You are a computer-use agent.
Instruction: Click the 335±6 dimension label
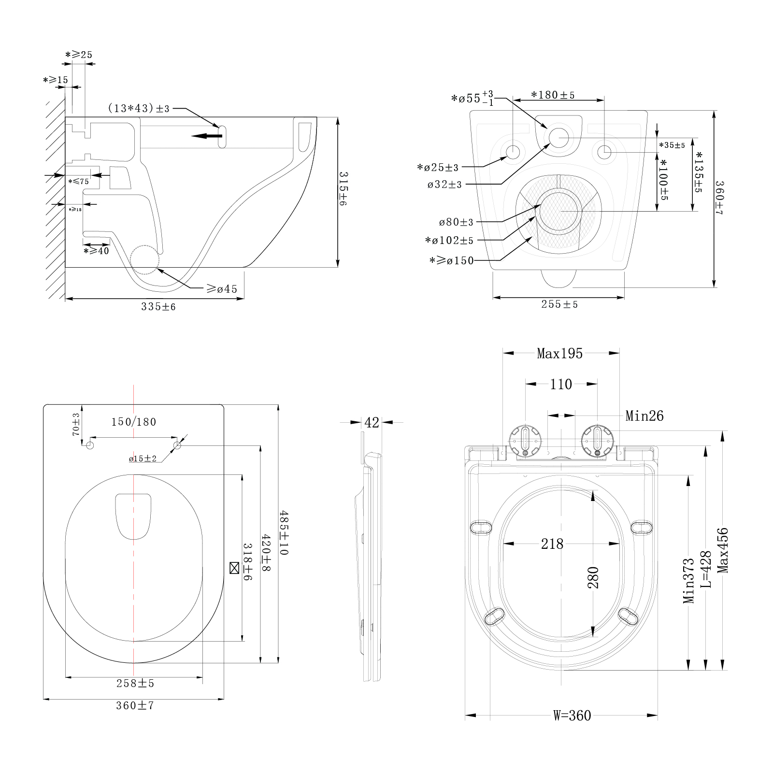pos(158,307)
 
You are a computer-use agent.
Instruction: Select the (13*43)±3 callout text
pos(138,109)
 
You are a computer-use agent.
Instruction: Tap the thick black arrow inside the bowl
pos(206,136)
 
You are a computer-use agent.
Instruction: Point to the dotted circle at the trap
pos(144,260)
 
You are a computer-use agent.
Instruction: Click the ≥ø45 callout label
pos(222,289)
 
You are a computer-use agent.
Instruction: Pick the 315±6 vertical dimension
pos(343,188)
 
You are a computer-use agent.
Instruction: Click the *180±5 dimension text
pos(553,95)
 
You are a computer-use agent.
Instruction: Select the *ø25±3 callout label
pos(438,168)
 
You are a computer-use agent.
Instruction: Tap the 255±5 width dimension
pos(559,304)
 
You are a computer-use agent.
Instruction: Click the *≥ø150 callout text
pos(452,261)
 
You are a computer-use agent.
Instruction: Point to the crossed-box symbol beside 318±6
pos(234,568)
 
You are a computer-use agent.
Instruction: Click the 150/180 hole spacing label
pos(134,422)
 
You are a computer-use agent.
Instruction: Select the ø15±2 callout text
pos(143,458)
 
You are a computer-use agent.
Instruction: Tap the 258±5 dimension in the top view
pos(135,684)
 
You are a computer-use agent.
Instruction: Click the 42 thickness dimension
pos(372,423)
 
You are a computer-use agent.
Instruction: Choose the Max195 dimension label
pos(559,354)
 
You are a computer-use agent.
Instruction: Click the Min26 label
pos(644,415)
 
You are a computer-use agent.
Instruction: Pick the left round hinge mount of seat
pos(526,440)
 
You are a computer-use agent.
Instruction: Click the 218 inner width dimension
pos(552,544)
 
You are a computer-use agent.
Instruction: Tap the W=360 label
pos(572,716)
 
